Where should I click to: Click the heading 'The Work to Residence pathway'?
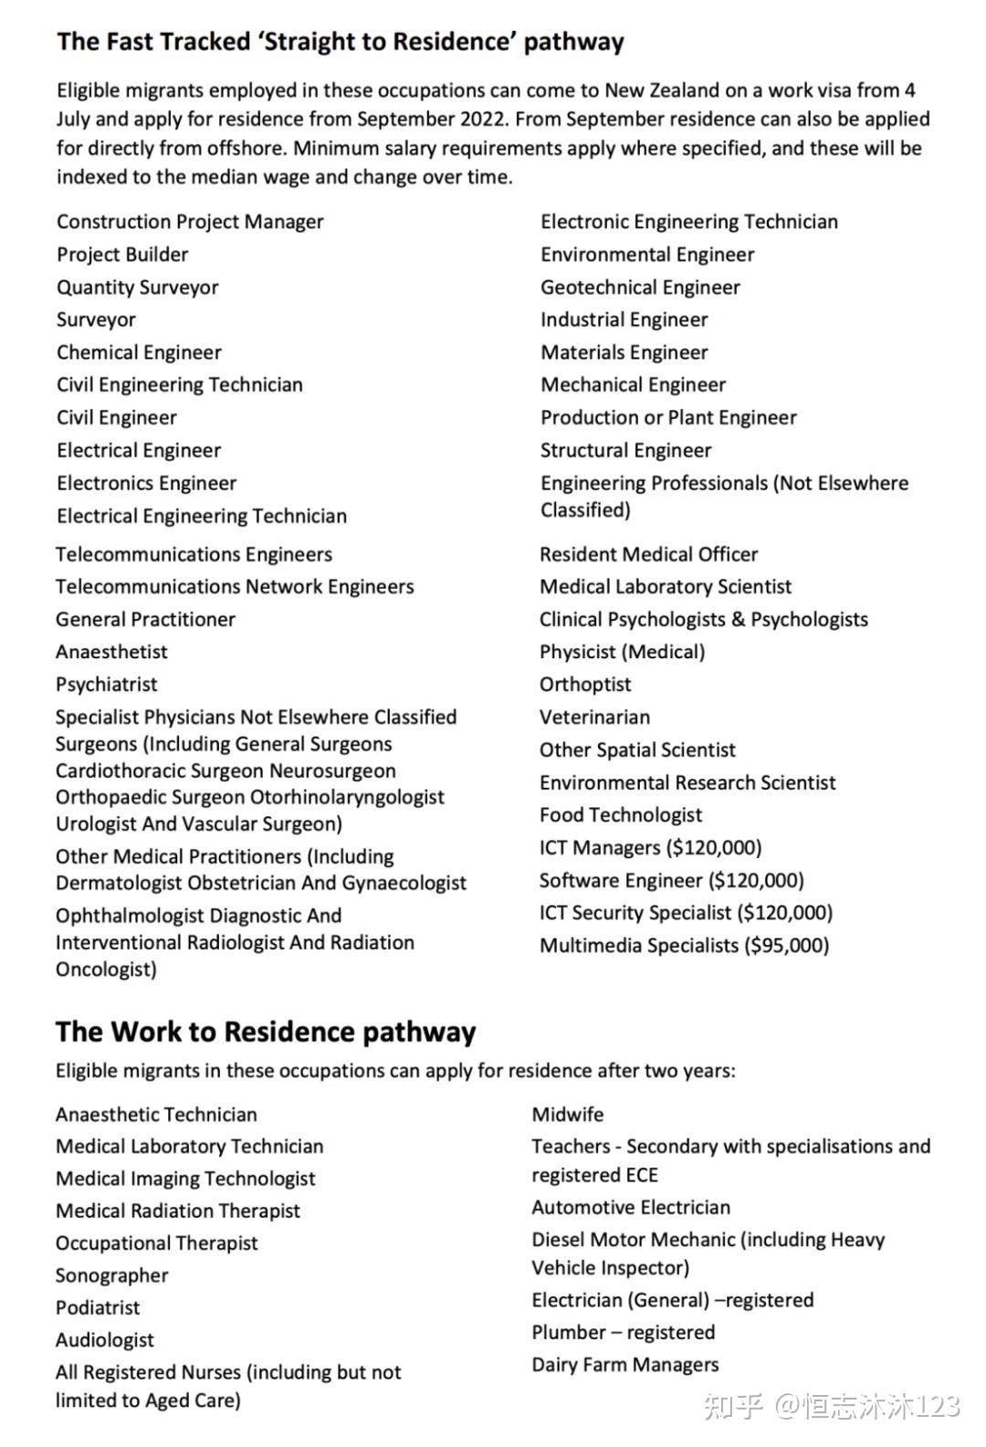click(x=265, y=1032)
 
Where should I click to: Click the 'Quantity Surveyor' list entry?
click(x=137, y=288)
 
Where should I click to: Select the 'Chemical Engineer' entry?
click(x=139, y=352)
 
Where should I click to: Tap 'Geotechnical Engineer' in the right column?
click(x=640, y=288)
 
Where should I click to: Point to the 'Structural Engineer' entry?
click(x=625, y=450)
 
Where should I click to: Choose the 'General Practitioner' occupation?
click(x=145, y=619)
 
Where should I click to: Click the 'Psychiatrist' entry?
click(x=106, y=684)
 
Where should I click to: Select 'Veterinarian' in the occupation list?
click(x=594, y=717)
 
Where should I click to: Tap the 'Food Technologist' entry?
click(x=621, y=814)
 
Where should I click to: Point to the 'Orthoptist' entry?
click(x=585, y=684)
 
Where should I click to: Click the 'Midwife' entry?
click(x=567, y=1114)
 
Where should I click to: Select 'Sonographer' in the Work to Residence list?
click(x=111, y=1275)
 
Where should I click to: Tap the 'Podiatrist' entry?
click(x=98, y=1307)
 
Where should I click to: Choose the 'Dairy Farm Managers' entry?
click(x=624, y=1365)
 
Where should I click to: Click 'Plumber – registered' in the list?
click(x=623, y=1332)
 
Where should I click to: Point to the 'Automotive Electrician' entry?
click(x=631, y=1207)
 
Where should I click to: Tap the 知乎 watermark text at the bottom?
click(x=732, y=1406)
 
